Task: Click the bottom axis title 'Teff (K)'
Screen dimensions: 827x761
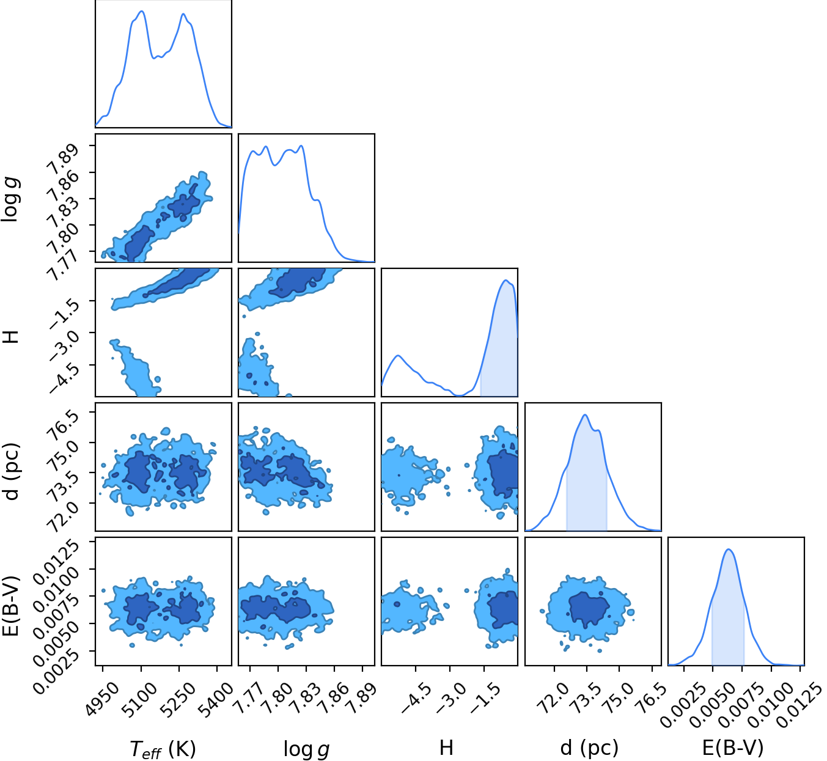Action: click(x=163, y=749)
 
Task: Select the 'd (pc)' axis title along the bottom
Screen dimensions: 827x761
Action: click(x=590, y=747)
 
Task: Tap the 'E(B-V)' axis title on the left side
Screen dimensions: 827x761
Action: click(x=11, y=605)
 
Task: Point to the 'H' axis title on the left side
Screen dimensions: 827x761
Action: click(x=11, y=337)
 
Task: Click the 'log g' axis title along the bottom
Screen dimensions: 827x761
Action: click(x=306, y=749)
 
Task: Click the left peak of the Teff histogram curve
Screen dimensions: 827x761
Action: click(x=141, y=11)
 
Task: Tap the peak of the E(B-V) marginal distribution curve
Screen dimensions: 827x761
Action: click(x=729, y=550)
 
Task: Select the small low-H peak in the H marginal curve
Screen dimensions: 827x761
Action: click(x=399, y=356)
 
